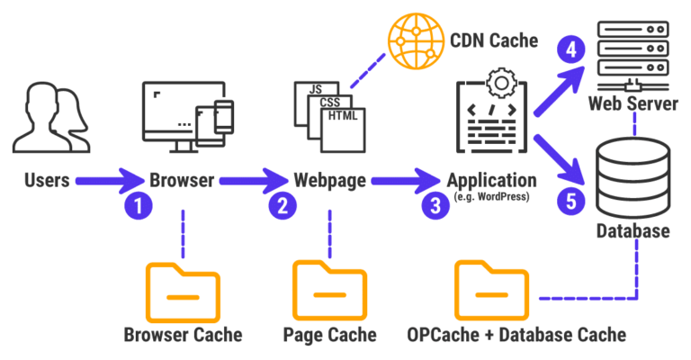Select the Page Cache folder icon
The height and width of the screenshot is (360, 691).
click(x=329, y=290)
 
